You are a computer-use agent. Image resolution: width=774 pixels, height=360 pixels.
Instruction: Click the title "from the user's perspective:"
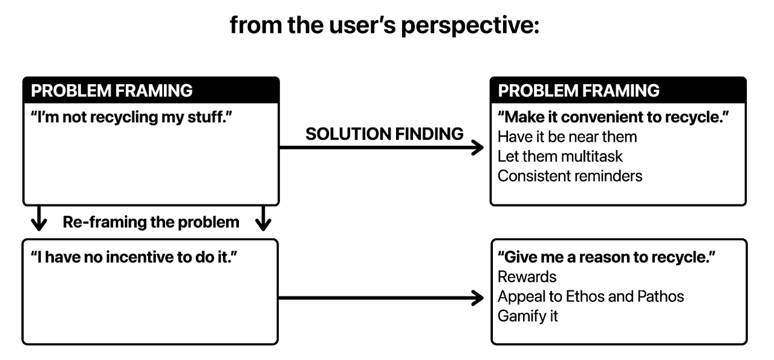tap(385, 25)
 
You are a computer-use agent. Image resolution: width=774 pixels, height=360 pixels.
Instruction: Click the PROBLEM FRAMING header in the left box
tap(112, 91)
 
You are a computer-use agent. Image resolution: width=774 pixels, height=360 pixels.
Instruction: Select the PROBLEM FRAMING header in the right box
tap(579, 91)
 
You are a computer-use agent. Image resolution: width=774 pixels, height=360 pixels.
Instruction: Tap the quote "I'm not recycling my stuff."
tap(131, 117)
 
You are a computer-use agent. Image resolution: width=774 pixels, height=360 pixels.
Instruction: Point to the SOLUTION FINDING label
tap(384, 134)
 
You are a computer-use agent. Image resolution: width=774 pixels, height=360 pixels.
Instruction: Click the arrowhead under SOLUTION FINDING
tap(478, 148)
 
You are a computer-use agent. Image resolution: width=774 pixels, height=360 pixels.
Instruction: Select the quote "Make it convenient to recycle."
tap(613, 117)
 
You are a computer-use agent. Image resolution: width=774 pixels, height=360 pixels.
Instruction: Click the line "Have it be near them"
tap(567, 137)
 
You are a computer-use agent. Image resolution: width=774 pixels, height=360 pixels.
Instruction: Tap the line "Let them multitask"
tap(560, 156)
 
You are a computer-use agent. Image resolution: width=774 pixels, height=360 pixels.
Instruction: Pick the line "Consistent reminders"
tap(570, 176)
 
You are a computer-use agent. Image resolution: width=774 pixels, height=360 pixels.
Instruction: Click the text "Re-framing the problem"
tap(151, 222)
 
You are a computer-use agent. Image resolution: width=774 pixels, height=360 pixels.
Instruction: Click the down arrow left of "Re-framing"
tap(39, 218)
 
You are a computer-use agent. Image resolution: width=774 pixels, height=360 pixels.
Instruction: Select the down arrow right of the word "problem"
tap(263, 218)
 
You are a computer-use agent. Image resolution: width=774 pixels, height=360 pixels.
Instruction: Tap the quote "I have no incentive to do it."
tap(134, 257)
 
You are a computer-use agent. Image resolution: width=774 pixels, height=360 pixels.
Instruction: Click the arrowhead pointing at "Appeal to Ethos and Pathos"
tap(478, 298)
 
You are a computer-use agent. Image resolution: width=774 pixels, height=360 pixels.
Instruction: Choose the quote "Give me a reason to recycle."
tap(607, 257)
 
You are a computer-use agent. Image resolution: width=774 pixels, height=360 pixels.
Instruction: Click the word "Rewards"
tap(527, 277)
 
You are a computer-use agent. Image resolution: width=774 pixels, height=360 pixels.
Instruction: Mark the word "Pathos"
tap(661, 296)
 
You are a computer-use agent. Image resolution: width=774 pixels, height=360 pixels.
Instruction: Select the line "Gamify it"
tap(528, 316)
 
